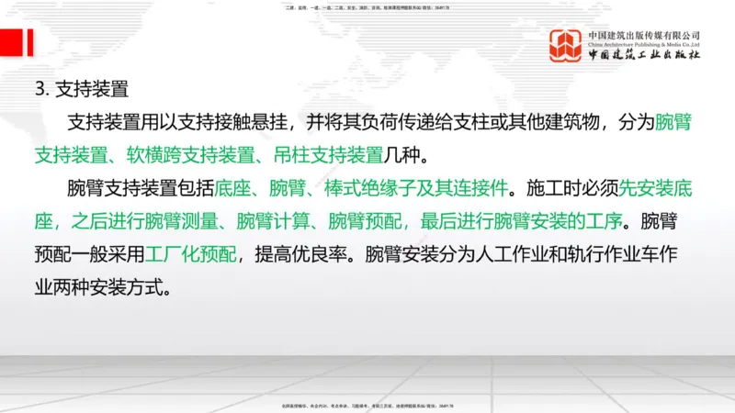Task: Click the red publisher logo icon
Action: [566, 45]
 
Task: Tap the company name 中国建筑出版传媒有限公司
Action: [645, 36]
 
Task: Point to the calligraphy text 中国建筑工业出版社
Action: [645, 55]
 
